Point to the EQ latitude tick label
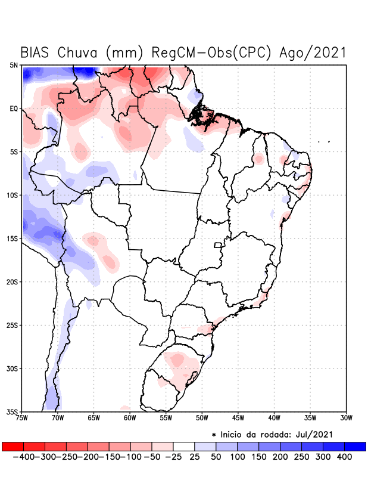point(14,109)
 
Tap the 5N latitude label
point(14,65)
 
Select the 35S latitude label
point(12,411)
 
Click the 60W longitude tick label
point(129,417)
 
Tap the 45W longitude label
point(238,417)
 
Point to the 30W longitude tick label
point(346,417)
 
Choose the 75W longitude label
point(21,417)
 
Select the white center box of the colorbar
point(183,447)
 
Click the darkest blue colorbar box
point(355,447)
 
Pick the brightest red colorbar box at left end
point(13,447)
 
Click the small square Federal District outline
point(218,244)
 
